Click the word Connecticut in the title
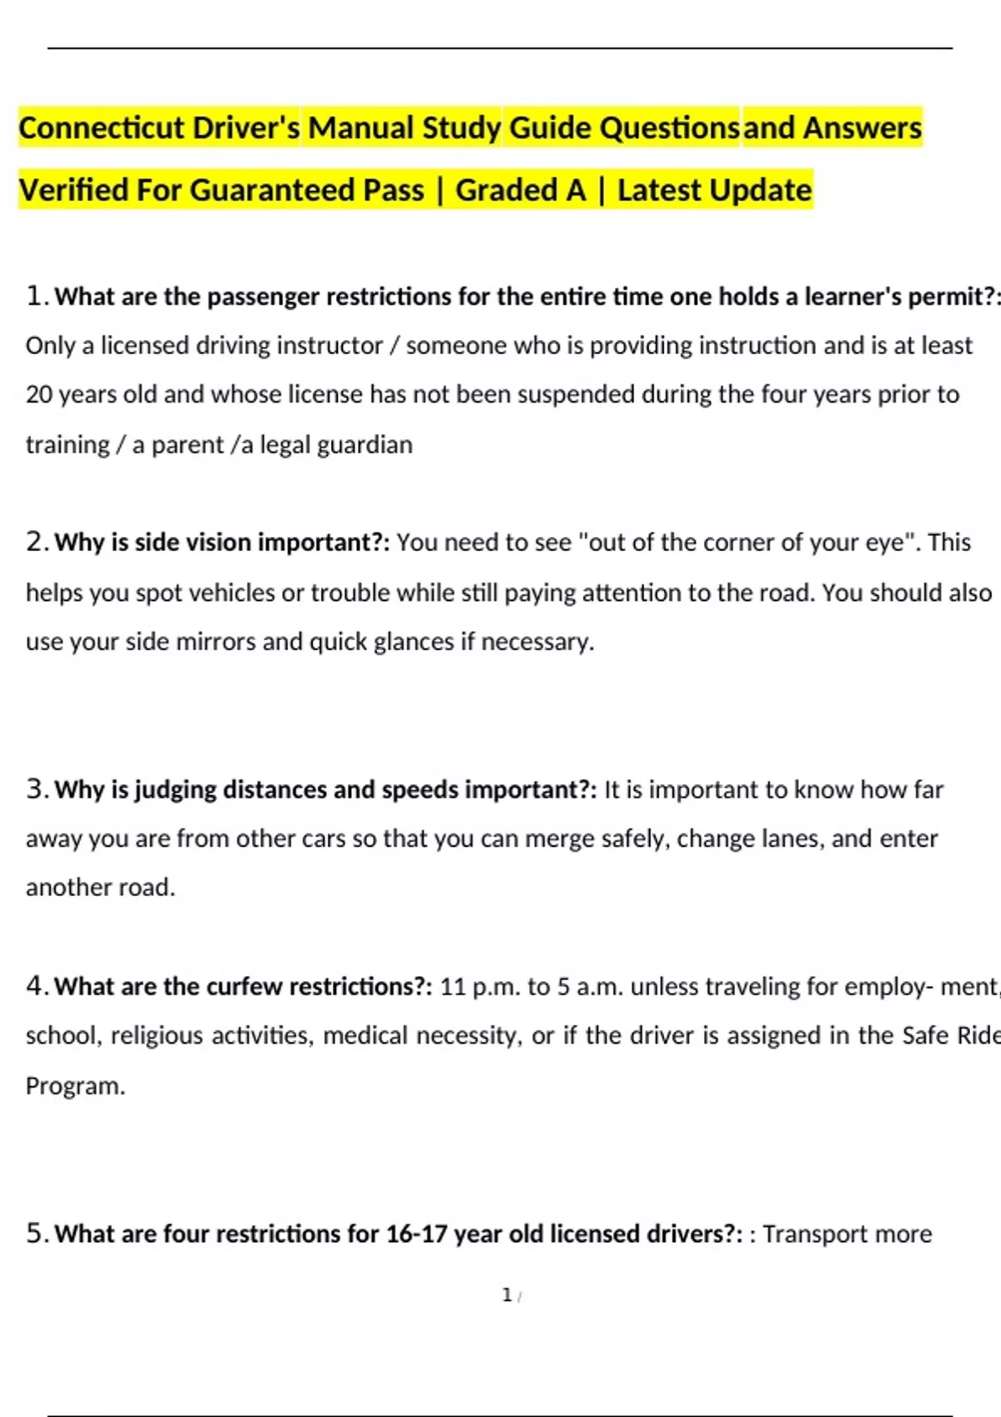point(101,128)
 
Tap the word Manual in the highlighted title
point(360,128)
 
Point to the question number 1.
point(35,296)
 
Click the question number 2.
point(35,542)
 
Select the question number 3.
point(35,789)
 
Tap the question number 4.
point(35,986)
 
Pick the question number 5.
point(35,1234)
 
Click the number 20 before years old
point(39,394)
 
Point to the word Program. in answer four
point(75,1086)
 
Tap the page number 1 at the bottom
point(506,1295)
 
